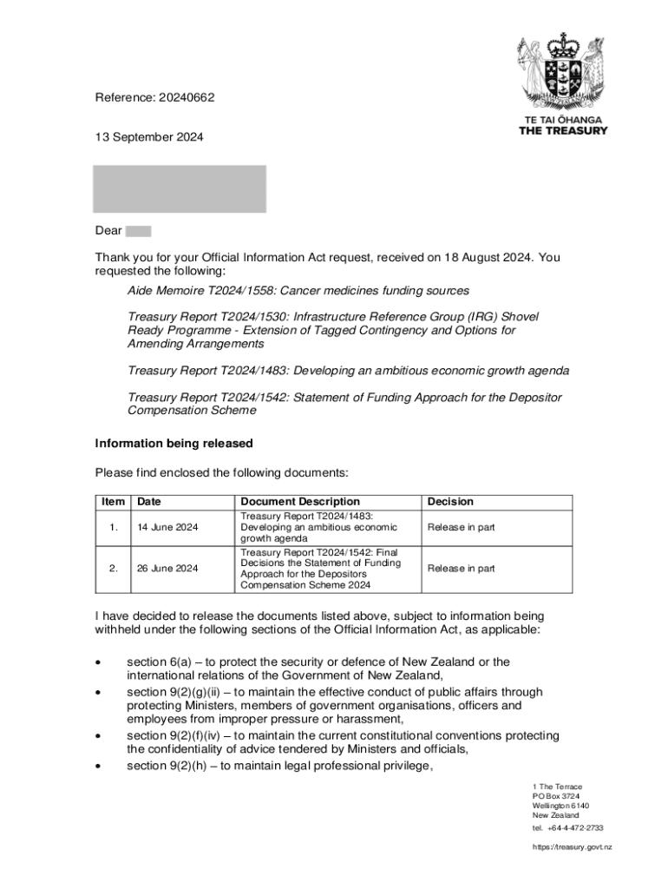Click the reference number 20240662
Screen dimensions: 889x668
pyautogui.click(x=186, y=97)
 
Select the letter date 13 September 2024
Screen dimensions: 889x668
pyautogui.click(x=149, y=137)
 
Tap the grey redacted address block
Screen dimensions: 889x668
pyautogui.click(x=180, y=188)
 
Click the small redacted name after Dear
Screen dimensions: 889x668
pyautogui.click(x=138, y=231)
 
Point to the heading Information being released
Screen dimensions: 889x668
pyautogui.click(x=174, y=444)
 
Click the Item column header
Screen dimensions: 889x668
pyautogui.click(x=113, y=502)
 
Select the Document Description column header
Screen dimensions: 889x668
pyautogui.click(x=299, y=502)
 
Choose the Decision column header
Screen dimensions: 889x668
pyautogui.click(x=450, y=502)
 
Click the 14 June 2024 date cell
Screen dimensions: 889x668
pyautogui.click(x=167, y=527)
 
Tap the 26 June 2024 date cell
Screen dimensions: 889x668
pyautogui.click(x=167, y=569)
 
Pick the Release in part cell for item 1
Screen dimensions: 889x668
pyautogui.click(x=461, y=527)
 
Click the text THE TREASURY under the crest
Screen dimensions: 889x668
pyautogui.click(x=563, y=131)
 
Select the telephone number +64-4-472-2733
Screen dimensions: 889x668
pyautogui.click(x=575, y=828)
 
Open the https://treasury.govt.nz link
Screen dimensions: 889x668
pyautogui.click(x=572, y=846)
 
